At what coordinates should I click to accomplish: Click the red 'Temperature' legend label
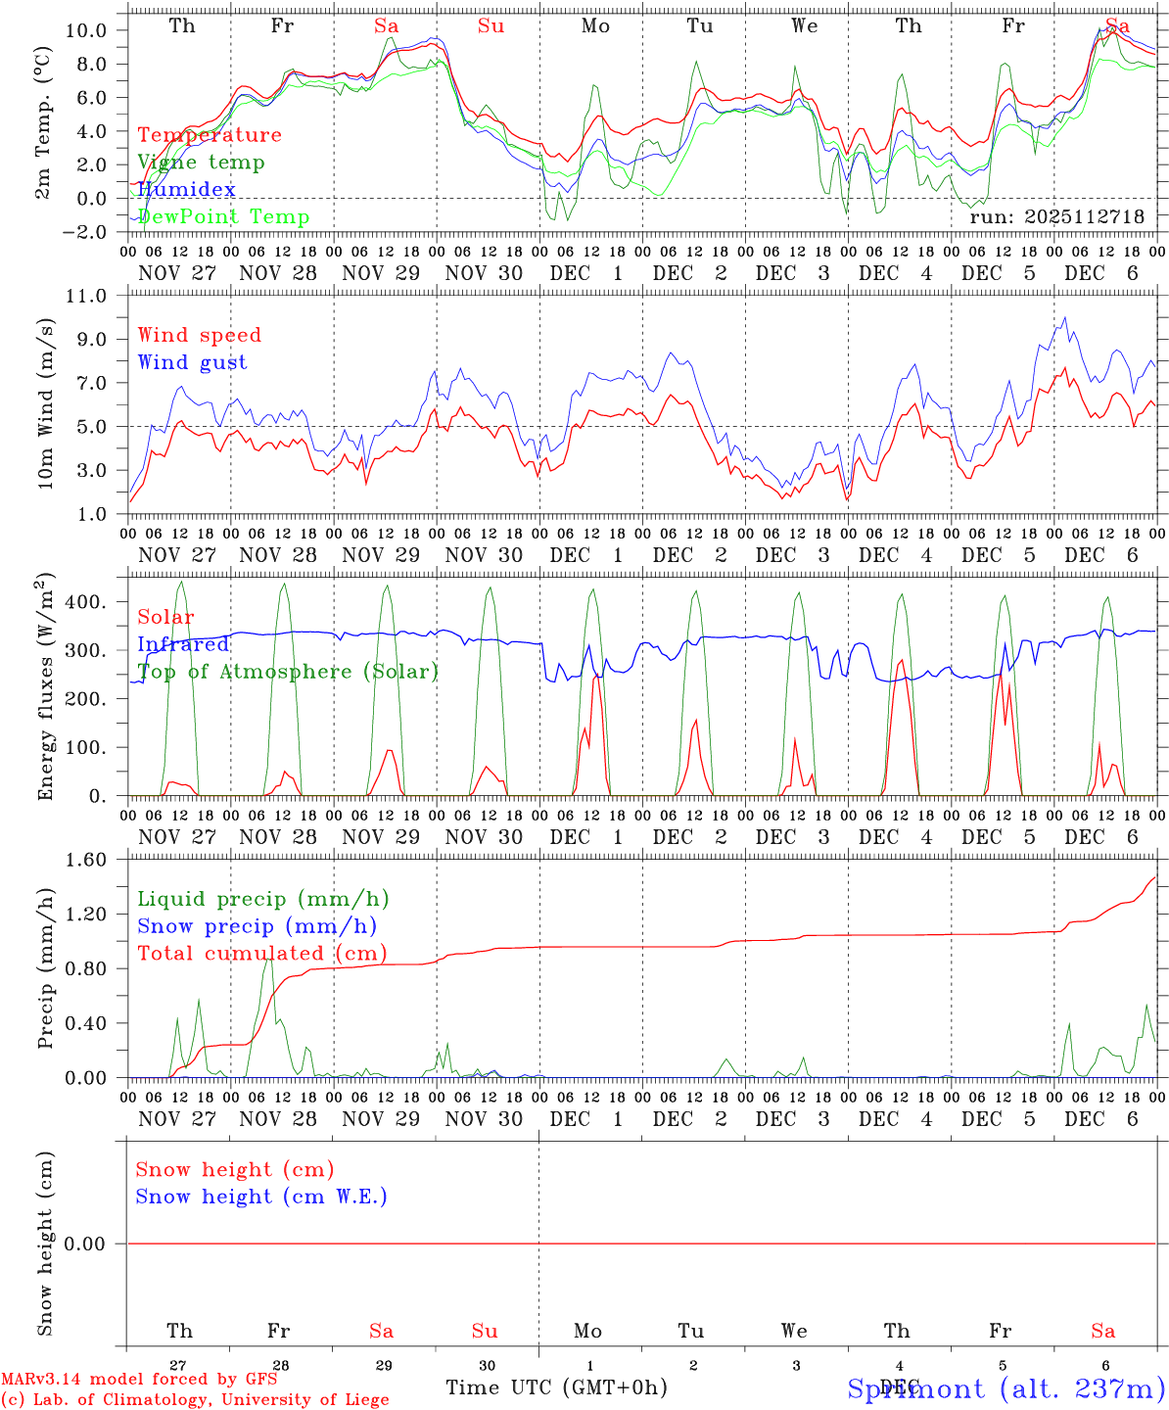[210, 135]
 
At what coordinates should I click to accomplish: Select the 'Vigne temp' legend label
[201, 163]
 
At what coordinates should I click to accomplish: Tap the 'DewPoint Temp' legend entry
[223, 217]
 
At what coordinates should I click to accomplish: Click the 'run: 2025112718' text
[1056, 216]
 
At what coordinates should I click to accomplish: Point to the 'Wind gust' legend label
[192, 362]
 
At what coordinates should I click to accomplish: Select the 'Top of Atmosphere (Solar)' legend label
[288, 672]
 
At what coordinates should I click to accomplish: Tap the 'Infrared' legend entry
[183, 644]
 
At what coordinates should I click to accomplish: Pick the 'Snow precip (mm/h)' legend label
[257, 926]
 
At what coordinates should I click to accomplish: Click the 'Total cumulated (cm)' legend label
[261, 954]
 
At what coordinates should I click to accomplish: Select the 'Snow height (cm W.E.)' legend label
[261, 1197]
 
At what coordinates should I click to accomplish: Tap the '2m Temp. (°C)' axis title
[43, 134]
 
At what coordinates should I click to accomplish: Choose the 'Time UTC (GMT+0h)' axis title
[556, 1387]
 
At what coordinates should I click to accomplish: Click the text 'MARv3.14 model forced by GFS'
[138, 1380]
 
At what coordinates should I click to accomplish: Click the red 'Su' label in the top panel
[491, 26]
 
